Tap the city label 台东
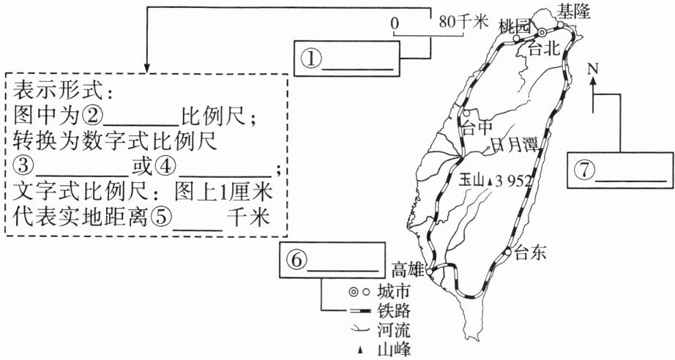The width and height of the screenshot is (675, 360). [531, 254]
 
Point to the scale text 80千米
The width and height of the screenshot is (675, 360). [463, 23]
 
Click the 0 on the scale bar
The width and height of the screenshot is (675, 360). [395, 23]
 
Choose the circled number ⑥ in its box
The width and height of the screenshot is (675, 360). [297, 259]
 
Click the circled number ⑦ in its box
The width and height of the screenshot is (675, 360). [583, 170]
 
